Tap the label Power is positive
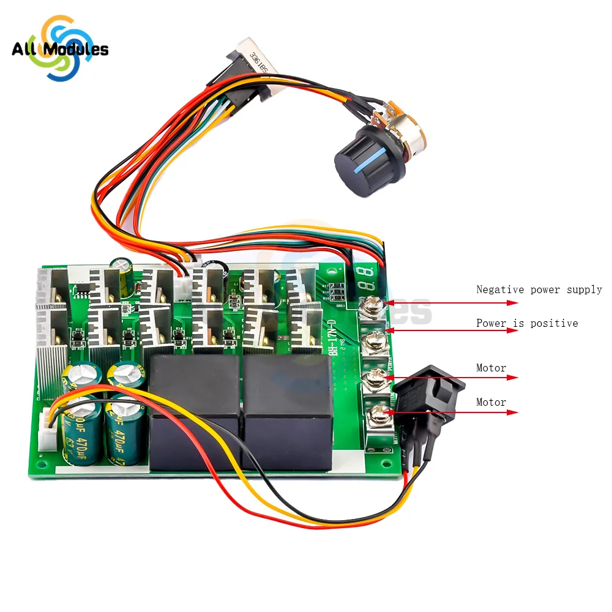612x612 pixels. [527, 323]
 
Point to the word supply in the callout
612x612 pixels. [585, 289]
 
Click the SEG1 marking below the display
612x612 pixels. [341, 304]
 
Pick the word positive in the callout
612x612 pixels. [556, 323]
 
